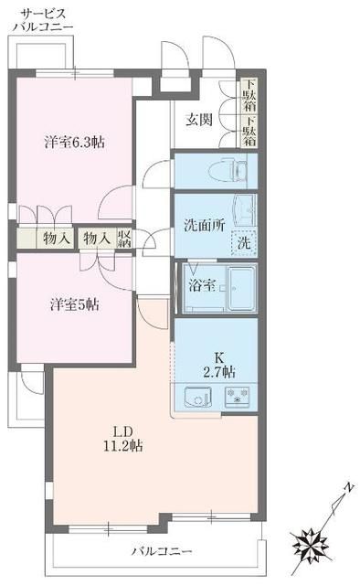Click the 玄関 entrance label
tap(200, 119)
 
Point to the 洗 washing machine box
tap(244, 244)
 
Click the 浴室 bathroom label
tap(201, 285)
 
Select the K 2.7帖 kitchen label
tap(219, 364)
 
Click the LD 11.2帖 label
tap(125, 438)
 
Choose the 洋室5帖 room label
tap(75, 304)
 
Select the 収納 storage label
tap(123, 239)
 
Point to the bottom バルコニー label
tap(161, 552)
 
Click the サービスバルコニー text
tap(43, 19)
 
